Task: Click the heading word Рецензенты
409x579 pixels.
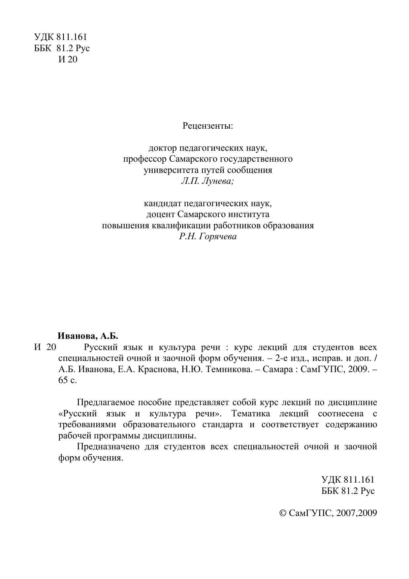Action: (x=208, y=126)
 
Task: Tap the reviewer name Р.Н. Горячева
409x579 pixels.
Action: (x=208, y=237)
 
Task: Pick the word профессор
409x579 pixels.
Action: (x=145, y=159)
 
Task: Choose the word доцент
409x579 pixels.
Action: (x=160, y=214)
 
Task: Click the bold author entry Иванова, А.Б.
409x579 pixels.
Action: (x=88, y=336)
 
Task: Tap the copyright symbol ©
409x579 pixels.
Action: (x=283, y=513)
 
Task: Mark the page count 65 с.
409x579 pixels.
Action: (x=68, y=380)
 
